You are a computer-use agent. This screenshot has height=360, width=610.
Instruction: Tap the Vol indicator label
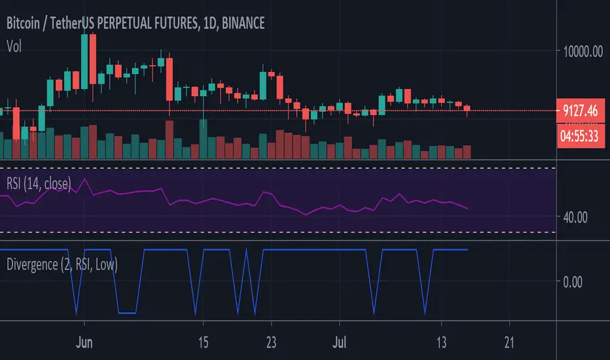pyautogui.click(x=14, y=45)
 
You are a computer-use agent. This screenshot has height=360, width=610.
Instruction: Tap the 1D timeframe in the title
pyautogui.click(x=206, y=24)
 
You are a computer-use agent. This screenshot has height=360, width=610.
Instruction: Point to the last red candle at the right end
pyautogui.click(x=467, y=109)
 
